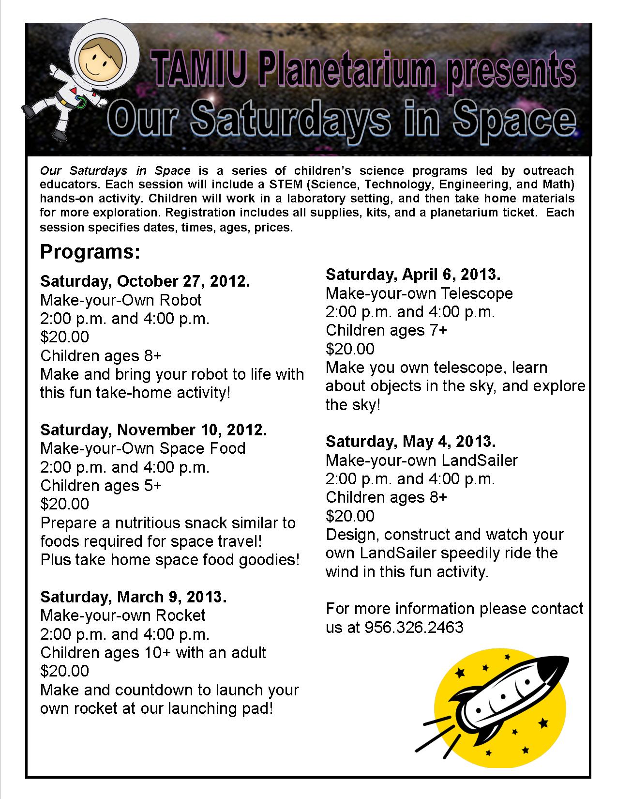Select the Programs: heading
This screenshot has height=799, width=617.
pyautogui.click(x=90, y=252)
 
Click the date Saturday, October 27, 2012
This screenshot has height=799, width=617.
pyautogui.click(x=145, y=281)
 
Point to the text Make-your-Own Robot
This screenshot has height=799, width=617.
pyautogui.click(x=120, y=300)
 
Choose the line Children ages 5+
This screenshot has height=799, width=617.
pyautogui.click(x=101, y=486)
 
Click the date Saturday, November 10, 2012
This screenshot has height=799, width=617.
pyautogui.click(x=153, y=430)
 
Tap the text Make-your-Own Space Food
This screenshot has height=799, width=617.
pyautogui.click(x=143, y=448)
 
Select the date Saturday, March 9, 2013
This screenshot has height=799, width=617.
pyautogui.click(x=133, y=597)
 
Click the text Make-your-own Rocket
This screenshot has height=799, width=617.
pyautogui.click(x=123, y=615)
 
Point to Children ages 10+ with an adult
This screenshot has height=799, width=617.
pyautogui.click(x=153, y=653)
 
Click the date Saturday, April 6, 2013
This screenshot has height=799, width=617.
pyautogui.click(x=413, y=275)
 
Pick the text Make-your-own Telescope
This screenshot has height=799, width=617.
pyautogui.click(x=419, y=293)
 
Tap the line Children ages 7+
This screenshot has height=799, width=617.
pyautogui.click(x=386, y=330)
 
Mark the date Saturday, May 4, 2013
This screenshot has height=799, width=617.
pyautogui.click(x=410, y=442)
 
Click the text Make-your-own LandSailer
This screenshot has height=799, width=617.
pyautogui.click(x=421, y=460)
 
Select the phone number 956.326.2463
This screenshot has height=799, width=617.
pyautogui.click(x=414, y=628)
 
